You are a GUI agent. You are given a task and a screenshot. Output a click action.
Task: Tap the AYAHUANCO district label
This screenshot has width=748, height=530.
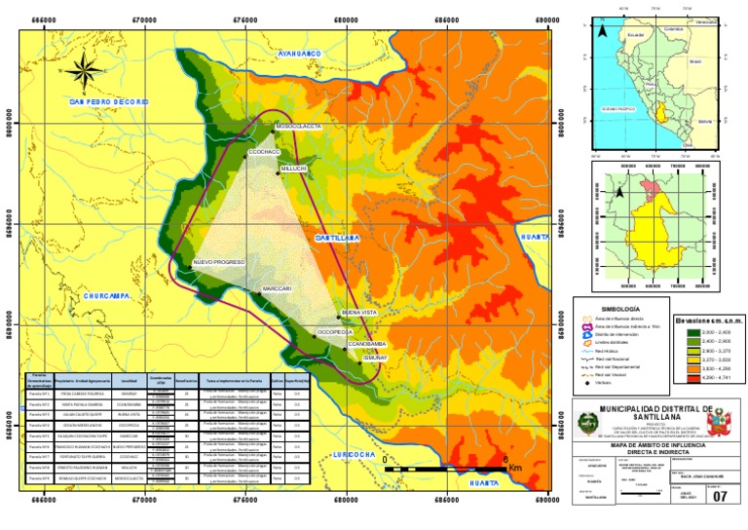[300, 54]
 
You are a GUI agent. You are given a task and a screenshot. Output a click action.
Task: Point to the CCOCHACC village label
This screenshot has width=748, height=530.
[264, 152]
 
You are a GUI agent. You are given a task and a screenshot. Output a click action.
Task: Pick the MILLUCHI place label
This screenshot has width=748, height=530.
[294, 169]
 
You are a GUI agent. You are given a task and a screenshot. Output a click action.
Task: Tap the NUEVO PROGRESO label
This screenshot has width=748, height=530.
[218, 263]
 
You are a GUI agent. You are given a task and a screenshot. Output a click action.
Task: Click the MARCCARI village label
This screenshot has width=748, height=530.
[277, 289]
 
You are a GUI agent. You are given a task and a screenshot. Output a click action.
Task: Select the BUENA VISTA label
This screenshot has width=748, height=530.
[358, 312]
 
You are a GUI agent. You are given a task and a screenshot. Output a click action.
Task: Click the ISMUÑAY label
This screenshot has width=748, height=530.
[375, 358]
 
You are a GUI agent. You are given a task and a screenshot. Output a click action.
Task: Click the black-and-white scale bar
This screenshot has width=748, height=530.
[444, 469]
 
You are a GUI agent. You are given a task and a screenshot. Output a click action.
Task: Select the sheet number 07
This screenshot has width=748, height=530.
[720, 497]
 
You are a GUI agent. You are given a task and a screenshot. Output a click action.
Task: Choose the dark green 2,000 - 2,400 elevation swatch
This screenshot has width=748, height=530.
[682, 333]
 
